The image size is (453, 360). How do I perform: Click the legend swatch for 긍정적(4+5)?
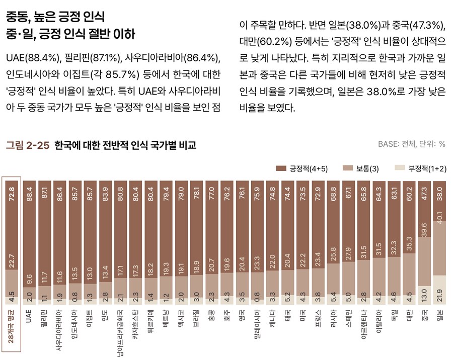click(x=281, y=168)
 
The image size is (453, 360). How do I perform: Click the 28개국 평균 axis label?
click(x=11, y=329)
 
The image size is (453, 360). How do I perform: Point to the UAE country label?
click(x=29, y=315)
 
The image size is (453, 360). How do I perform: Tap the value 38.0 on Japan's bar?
click(x=439, y=195)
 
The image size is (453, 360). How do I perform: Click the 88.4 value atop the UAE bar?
click(x=29, y=195)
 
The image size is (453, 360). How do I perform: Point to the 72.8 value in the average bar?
click(x=11, y=195)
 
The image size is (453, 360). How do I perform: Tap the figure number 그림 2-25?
click(x=27, y=145)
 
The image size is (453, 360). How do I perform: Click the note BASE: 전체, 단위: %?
click(x=411, y=144)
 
